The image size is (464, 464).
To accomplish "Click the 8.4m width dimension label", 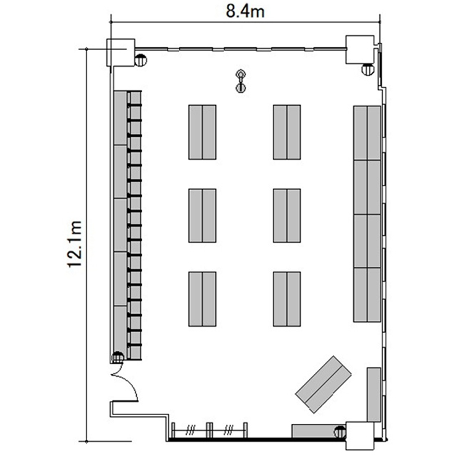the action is (245, 12).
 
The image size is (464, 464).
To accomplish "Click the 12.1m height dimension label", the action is (74, 244).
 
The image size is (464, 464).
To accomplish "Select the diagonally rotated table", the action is (324, 384).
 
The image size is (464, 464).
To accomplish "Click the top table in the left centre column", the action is (202, 132).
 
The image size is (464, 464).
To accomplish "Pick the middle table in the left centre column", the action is (202, 215).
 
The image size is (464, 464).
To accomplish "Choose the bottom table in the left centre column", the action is (202, 299).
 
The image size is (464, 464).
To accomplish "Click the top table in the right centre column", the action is (286, 132).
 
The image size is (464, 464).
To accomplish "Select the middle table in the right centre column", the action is (286, 215).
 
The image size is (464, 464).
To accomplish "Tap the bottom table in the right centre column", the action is (286, 299).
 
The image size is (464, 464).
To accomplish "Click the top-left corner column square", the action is (121, 53).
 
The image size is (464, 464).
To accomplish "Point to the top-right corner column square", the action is (360, 49).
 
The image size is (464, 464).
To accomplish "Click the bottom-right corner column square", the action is (360, 436).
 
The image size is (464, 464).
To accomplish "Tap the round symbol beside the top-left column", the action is (141, 61).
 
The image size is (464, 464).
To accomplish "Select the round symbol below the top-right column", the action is (368, 69).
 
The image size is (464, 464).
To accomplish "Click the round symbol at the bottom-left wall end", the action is (118, 357).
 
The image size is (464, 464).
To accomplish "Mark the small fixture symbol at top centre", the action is (241, 81).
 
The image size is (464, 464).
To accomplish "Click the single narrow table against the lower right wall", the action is (374, 395).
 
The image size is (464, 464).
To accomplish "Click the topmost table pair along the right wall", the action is (367, 133).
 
